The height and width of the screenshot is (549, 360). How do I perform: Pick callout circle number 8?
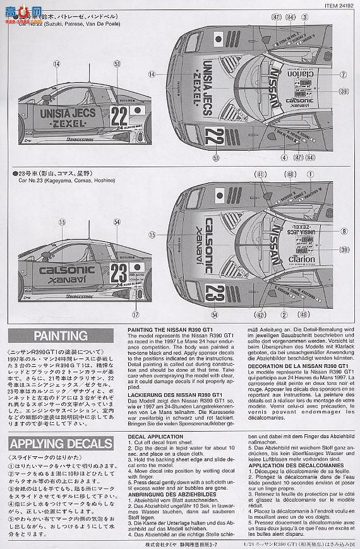343,232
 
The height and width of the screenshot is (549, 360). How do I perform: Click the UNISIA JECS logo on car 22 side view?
73,114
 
